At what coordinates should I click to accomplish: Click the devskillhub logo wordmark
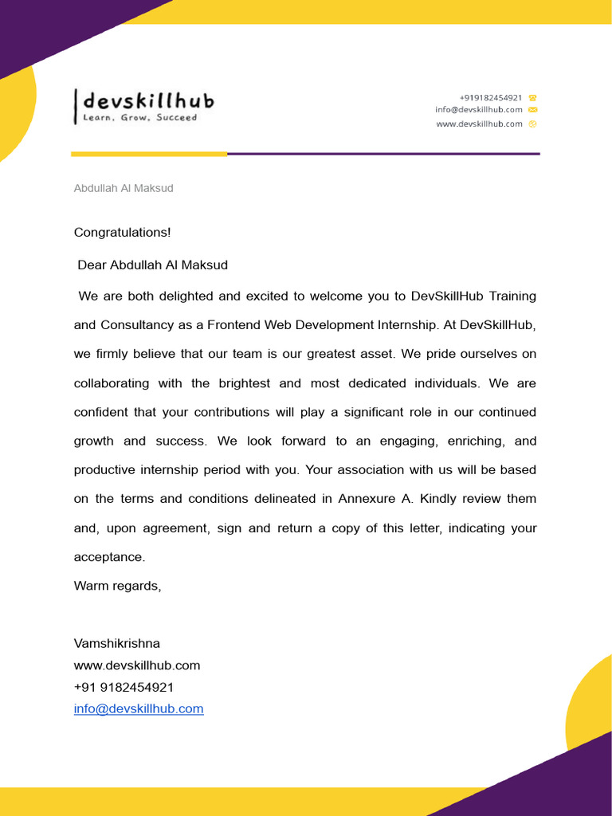(148, 101)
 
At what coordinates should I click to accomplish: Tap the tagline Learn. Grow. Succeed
(140, 118)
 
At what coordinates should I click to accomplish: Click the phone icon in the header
(532, 97)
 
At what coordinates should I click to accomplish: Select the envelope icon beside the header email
(532, 110)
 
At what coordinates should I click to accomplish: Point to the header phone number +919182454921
(491, 97)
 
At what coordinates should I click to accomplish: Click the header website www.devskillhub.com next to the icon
(479, 124)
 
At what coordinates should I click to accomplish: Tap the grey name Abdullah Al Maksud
(124, 188)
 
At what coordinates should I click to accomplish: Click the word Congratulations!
(122, 233)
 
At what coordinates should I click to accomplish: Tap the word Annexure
(366, 499)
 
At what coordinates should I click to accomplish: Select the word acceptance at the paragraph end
(109, 557)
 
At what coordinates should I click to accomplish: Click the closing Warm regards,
(117, 586)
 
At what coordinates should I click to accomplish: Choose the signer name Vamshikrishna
(116, 643)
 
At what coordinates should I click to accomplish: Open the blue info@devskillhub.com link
(139, 708)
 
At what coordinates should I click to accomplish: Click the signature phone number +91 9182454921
(124, 687)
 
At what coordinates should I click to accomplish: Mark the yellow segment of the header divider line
(149, 154)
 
